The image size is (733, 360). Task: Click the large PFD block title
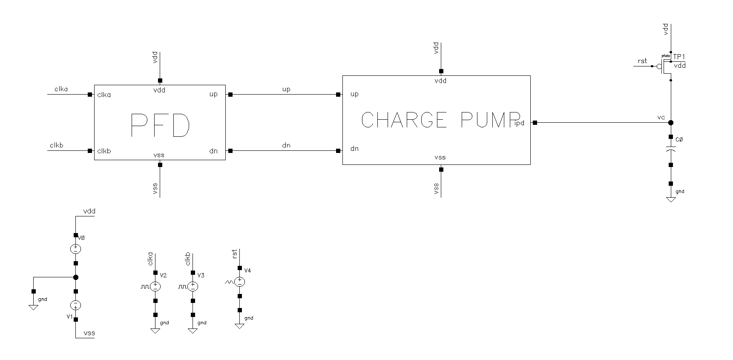159,125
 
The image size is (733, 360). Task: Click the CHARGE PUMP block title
440,120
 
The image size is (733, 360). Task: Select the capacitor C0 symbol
671,150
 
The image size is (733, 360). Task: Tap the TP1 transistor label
679,57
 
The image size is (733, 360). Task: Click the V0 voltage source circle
75,249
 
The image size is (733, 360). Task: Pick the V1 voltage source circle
75,305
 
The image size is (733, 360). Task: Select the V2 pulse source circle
155,286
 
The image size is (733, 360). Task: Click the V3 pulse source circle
193,286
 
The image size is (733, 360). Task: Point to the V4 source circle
240,282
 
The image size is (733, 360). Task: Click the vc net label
661,117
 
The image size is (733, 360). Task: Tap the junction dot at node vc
671,123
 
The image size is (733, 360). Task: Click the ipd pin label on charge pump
519,123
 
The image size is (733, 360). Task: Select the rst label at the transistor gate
642,61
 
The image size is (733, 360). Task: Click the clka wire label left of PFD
61,89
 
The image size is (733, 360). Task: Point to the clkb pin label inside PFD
104,151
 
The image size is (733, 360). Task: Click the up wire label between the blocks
286,89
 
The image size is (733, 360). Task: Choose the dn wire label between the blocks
286,145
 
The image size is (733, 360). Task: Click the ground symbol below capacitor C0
671,199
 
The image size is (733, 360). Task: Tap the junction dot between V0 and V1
75,277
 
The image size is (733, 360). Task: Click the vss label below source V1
89,333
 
